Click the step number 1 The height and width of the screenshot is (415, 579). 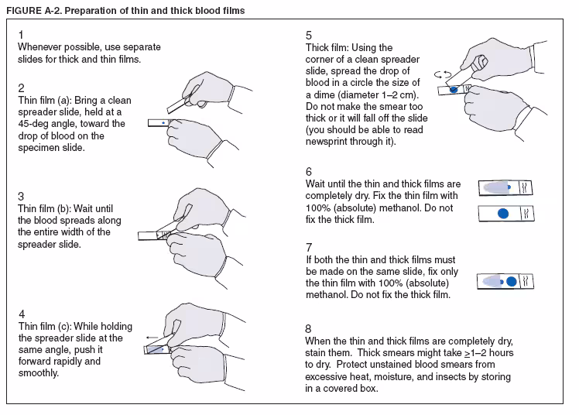(x=20, y=36)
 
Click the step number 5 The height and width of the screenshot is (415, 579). (x=309, y=36)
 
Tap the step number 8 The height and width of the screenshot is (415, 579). (x=309, y=328)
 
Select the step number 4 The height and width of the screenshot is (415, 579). (x=21, y=314)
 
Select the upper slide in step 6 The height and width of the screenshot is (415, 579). (x=506, y=187)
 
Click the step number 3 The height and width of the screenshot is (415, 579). (x=21, y=196)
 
